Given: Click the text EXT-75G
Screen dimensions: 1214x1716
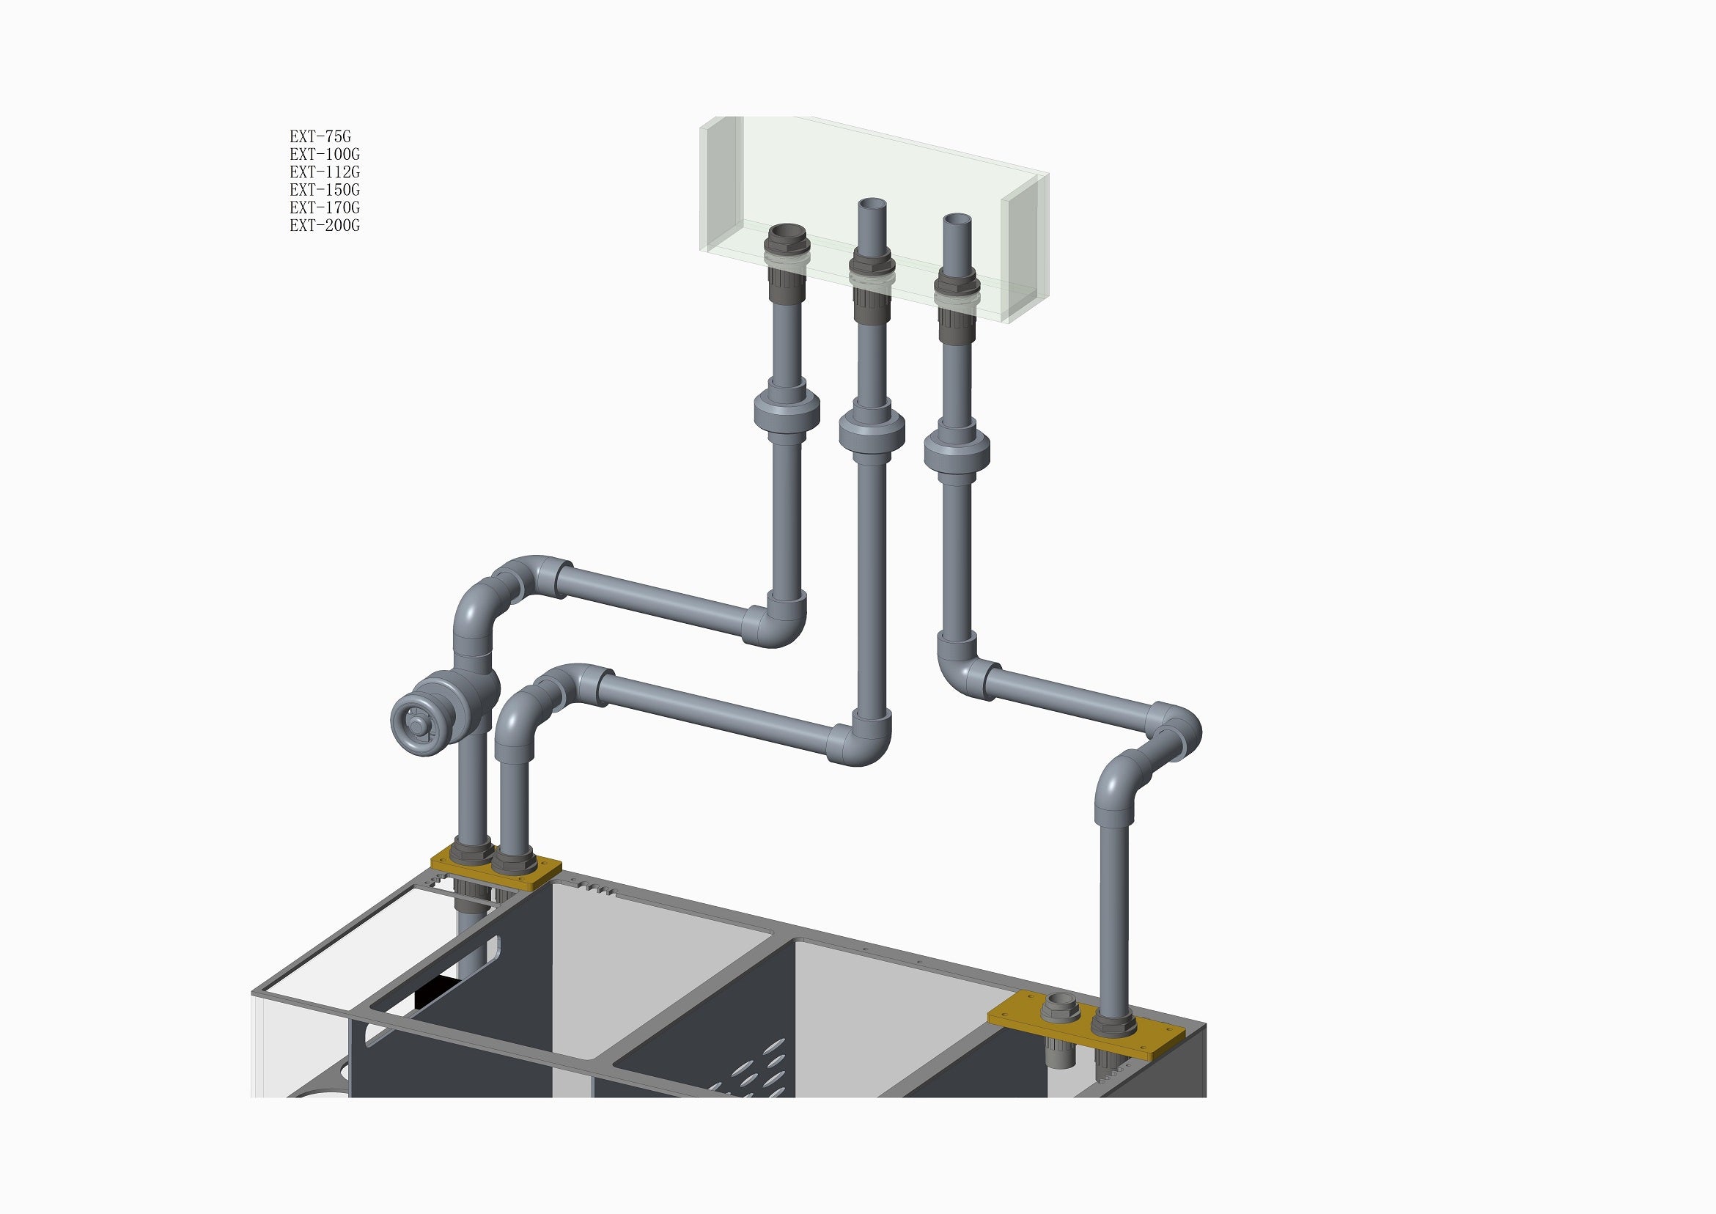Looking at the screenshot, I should click(320, 137).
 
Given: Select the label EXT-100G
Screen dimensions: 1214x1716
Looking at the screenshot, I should click(325, 155).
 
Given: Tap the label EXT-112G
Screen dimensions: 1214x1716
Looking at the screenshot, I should click(325, 172).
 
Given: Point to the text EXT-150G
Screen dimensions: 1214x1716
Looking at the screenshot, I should click(325, 190).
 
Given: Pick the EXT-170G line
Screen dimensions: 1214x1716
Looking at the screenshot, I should click(325, 207).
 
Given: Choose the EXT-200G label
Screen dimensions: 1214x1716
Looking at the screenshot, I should click(325, 226).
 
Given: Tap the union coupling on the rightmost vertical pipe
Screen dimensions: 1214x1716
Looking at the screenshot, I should click(957, 450).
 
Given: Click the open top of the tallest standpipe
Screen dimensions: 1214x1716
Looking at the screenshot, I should click(872, 204).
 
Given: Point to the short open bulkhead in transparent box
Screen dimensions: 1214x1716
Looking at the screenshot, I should click(787, 234).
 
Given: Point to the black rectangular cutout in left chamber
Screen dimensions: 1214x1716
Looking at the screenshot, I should click(435, 993).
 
